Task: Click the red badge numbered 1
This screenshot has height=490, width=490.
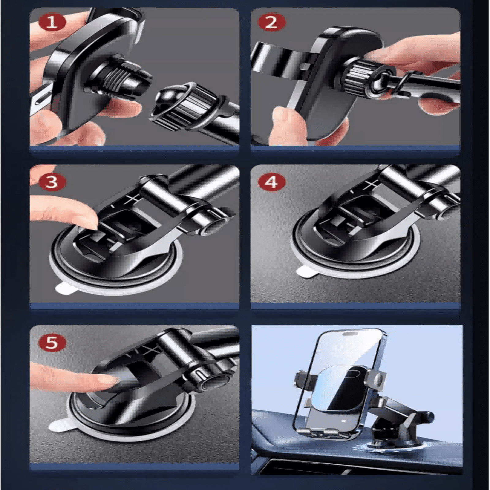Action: coord(52,22)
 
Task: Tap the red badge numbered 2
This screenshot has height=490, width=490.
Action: coord(271,22)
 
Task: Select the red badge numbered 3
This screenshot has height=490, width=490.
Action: coord(52,182)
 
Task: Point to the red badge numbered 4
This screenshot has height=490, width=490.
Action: coord(271,182)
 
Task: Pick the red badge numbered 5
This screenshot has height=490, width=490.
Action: coord(52,342)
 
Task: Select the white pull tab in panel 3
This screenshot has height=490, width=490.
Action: coord(66,288)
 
